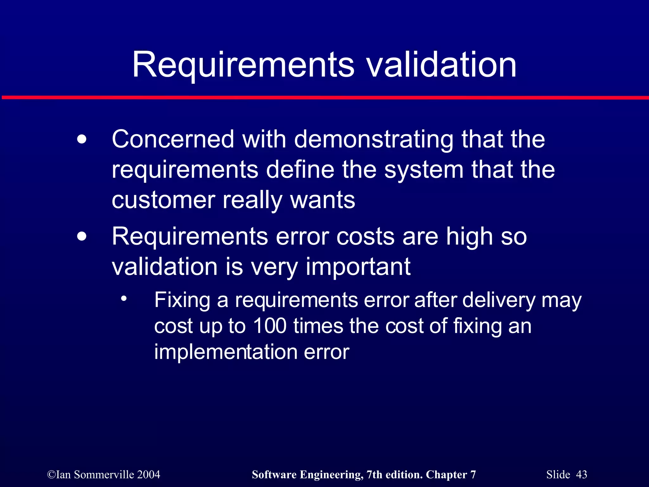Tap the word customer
pos(164,200)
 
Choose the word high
pos(469,237)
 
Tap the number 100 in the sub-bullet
pos(270,326)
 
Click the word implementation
pos(225,352)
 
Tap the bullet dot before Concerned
pos(82,140)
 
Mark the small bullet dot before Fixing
pos(124,298)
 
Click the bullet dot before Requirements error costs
pos(82,237)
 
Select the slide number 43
pos(581,474)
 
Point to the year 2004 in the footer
pos(149,474)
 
